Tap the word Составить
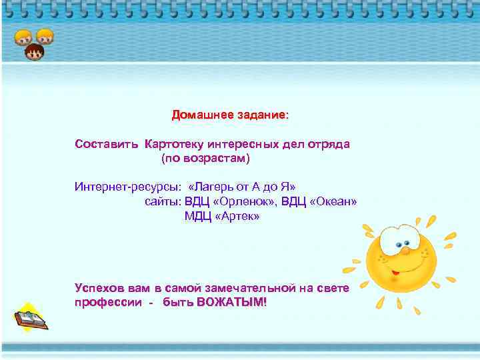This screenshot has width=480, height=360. coord(107,144)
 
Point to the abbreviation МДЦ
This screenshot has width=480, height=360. coord(197,217)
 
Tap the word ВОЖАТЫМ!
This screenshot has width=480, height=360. coord(232,302)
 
